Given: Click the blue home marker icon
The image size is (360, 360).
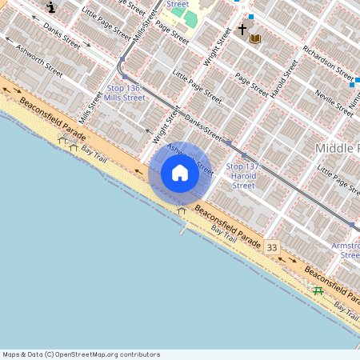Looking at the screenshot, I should [180, 173].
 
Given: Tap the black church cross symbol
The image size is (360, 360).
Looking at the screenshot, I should [242, 30].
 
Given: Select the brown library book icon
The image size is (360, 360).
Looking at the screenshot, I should [255, 38].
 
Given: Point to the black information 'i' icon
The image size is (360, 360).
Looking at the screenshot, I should [52, 8].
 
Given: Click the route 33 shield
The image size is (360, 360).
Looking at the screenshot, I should [273, 248].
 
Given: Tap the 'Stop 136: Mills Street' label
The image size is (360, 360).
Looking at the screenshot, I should [126, 92].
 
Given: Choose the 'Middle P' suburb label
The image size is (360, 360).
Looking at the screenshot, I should [337, 148].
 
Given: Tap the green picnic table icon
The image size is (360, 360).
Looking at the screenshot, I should [318, 290].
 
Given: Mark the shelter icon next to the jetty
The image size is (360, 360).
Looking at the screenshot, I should [182, 211].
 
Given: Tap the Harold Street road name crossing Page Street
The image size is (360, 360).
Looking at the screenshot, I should [284, 78].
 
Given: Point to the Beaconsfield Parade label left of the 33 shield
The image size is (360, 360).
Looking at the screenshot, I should [227, 227].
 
